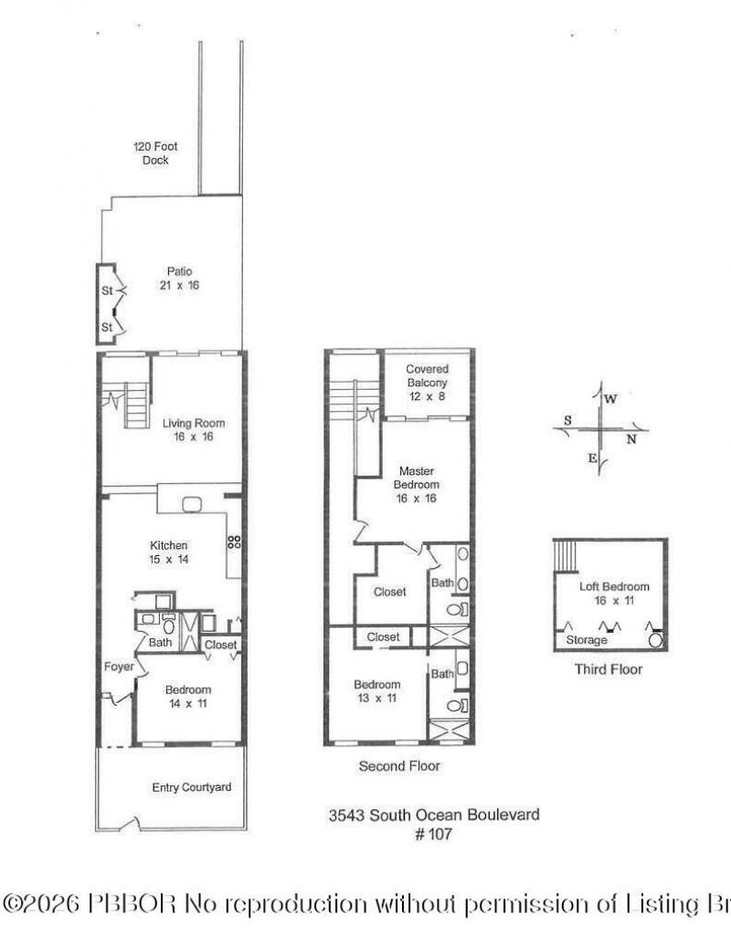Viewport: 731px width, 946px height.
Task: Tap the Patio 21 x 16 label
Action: point(178,278)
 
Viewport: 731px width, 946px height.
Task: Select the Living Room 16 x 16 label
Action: point(193,430)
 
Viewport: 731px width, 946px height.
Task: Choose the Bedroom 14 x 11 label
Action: point(188,696)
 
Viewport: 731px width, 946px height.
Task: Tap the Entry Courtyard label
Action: point(191,787)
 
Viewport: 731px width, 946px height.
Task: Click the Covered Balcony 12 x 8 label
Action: point(427,383)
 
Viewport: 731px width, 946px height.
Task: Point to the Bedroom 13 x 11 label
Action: point(376,691)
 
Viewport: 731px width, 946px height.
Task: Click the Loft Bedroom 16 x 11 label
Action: point(614,594)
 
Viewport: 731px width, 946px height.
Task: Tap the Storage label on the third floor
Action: point(586,640)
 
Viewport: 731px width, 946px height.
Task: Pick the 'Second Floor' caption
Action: point(399,766)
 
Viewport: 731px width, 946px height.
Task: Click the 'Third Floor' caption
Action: point(608,669)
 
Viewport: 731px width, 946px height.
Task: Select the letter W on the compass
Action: point(610,399)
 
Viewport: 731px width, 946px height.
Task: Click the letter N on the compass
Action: point(630,438)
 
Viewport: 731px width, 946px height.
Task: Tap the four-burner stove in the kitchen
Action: point(234,541)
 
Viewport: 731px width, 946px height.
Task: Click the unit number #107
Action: point(433,834)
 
